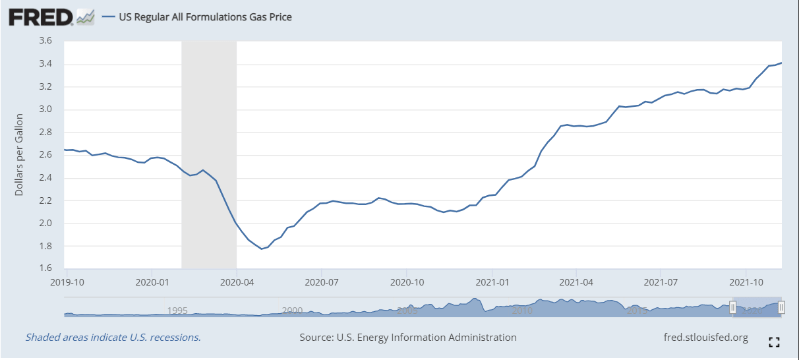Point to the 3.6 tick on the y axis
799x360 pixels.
(45, 41)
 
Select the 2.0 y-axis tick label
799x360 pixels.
(45, 224)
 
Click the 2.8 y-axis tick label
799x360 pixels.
(45, 133)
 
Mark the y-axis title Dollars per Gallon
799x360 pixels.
(19, 154)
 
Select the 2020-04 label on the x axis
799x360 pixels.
(236, 281)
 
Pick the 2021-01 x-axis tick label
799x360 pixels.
(492, 281)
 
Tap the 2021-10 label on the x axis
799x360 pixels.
(746, 281)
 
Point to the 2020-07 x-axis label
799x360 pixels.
(321, 281)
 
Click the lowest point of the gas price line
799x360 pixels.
(262, 249)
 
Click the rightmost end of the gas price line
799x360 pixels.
(781, 63)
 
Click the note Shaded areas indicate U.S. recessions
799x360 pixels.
(113, 338)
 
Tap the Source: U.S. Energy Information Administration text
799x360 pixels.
(407, 338)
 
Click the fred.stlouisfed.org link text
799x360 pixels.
(705, 338)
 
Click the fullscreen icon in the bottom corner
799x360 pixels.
(775, 342)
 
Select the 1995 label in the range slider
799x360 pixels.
(178, 310)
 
